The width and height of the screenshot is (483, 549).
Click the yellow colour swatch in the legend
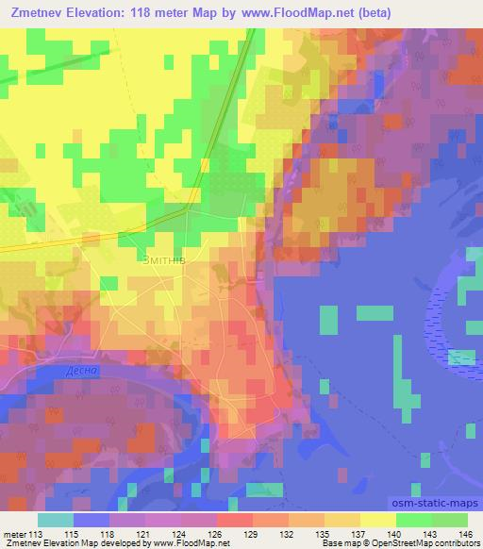[376, 519]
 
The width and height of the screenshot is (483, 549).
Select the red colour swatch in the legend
[233, 519]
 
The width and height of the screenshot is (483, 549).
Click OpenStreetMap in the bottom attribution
[398, 543]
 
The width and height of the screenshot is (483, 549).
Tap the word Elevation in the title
[98, 13]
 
